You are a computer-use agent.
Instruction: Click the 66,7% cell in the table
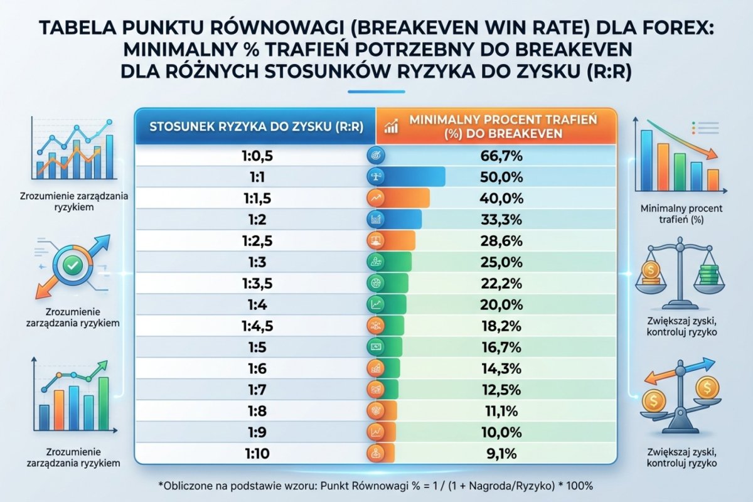[501, 156]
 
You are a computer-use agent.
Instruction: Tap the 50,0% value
[501, 177]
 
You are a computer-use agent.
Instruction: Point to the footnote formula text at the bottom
[376, 486]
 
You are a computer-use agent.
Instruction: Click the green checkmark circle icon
[72, 266]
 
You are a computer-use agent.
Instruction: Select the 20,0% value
[501, 304]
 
